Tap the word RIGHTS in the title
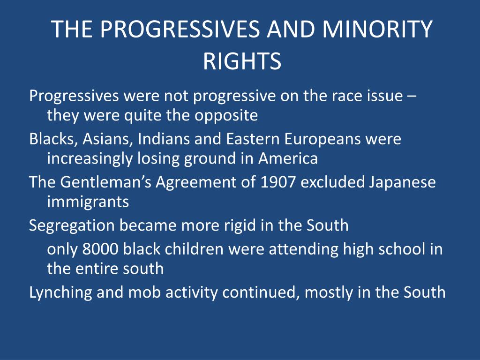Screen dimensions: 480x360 [242, 61]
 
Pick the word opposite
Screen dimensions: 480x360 [226, 116]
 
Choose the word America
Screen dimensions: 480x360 [288, 158]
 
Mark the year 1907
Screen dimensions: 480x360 [277, 182]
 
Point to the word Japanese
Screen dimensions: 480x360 [402, 183]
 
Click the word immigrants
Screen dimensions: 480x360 [88, 202]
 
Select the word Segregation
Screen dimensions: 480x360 [72, 226]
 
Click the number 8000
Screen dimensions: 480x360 [100, 249]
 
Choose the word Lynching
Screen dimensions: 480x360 [60, 292]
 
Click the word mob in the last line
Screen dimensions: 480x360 [144, 292]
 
